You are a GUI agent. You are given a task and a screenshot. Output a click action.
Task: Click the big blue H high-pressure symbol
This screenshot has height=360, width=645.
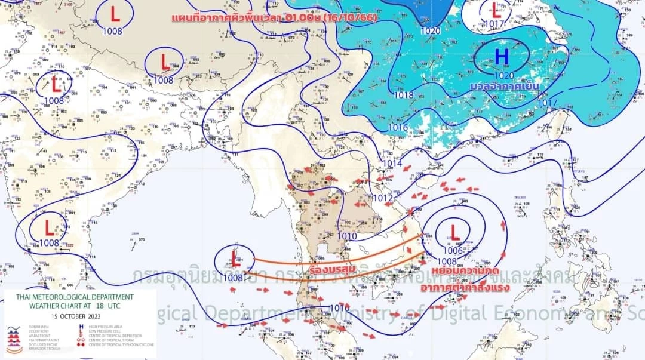click(502, 57)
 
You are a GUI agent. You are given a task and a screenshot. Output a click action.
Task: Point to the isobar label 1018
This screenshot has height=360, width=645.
click(404, 95)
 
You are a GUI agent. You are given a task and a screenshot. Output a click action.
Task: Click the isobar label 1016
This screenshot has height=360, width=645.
click(398, 127)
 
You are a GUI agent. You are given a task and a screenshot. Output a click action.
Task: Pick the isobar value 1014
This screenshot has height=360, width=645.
click(392, 164)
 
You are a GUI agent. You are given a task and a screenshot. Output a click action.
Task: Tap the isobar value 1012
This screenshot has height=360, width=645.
click(382, 198)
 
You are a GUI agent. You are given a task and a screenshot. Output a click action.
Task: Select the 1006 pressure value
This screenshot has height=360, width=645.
click(453, 251)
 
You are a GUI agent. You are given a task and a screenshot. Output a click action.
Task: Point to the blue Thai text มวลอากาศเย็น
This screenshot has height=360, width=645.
click(504, 87)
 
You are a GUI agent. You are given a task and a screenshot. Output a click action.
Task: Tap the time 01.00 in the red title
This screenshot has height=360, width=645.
click(306, 17)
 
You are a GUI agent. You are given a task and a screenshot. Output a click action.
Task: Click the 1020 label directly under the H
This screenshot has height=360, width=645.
click(504, 75)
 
